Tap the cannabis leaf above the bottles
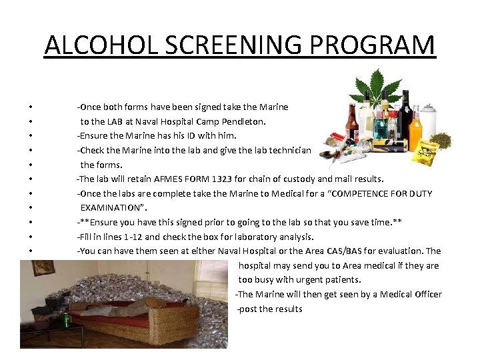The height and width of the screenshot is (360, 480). pyautogui.click(x=378, y=87)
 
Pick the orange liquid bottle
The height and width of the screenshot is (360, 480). pyautogui.click(x=415, y=131)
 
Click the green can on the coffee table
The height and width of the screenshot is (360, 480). pyautogui.click(x=67, y=319)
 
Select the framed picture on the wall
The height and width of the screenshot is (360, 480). pyautogui.click(x=43, y=268)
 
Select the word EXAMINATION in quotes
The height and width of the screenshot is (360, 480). pyautogui.click(x=111, y=208)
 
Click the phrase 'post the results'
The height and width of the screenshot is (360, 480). pyautogui.click(x=270, y=309)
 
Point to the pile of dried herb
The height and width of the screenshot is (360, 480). pyautogui.click(x=439, y=140)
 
